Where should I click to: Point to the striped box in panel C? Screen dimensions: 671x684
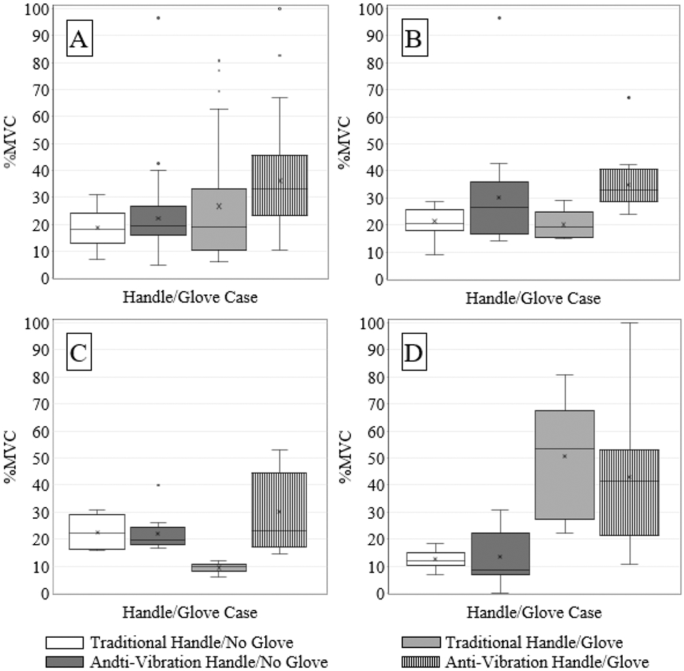point(279,510)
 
